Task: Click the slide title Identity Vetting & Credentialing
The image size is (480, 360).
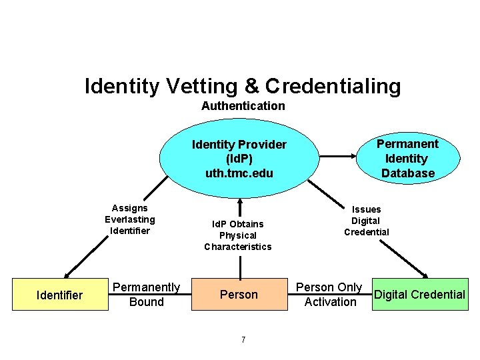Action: tap(243, 86)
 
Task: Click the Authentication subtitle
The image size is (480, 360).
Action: tap(243, 106)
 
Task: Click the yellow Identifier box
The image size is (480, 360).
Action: tap(60, 295)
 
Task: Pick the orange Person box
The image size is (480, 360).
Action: tap(239, 294)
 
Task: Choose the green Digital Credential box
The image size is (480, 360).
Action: tap(419, 294)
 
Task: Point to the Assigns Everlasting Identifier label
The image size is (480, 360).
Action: tap(129, 219)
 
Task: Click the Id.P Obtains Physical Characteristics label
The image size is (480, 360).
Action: tap(238, 235)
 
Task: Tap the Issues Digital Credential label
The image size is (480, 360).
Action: tap(366, 221)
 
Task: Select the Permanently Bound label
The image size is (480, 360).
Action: tap(146, 294)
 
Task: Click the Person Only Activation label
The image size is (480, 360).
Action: tap(329, 294)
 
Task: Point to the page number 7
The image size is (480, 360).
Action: tap(243, 340)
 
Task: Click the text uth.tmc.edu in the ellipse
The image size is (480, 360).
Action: tap(239, 173)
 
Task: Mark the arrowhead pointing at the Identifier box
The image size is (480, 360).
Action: tap(66, 273)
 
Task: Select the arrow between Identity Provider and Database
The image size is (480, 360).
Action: tap(336, 157)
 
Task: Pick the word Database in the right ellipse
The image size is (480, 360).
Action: tap(407, 173)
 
